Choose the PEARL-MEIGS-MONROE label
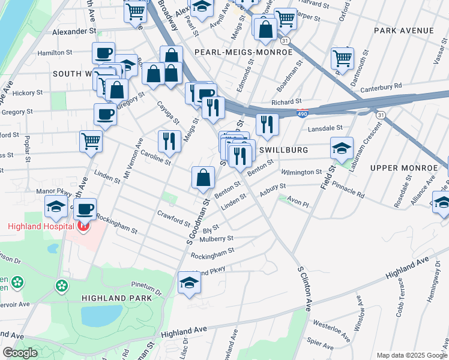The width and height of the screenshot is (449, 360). pos(243,52)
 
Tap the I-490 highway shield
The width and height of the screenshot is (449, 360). pos(303,112)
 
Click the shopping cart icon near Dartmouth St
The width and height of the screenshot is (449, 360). pos(342,58)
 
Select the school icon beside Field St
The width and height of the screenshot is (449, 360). pos(341,147)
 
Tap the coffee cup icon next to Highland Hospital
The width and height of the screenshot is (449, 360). pos(85,208)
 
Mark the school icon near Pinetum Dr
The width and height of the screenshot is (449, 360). pos(189,281)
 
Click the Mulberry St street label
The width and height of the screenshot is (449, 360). pos(217,239)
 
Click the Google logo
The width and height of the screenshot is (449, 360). pos(20,353)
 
